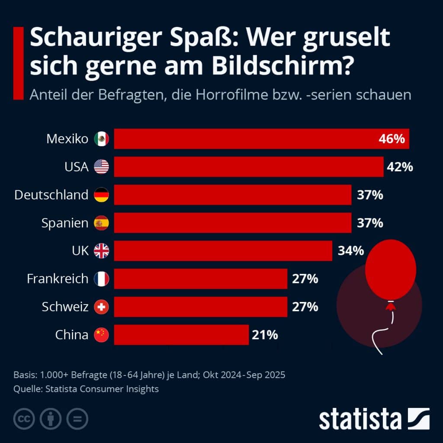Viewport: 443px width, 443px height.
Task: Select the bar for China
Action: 181,335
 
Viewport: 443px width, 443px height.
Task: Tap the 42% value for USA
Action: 400,167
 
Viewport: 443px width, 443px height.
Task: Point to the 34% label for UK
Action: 351,251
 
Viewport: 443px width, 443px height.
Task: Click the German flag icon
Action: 102,195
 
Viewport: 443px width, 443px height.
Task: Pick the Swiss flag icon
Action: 102,307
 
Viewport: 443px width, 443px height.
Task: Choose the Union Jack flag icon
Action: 102,251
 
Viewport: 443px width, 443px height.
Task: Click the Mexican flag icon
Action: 102,139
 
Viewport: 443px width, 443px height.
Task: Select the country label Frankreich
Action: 58,279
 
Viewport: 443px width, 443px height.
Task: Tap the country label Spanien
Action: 65,223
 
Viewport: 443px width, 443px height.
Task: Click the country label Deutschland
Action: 51,195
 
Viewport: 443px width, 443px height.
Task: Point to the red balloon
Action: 390,269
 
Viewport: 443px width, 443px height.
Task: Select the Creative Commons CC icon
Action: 25,418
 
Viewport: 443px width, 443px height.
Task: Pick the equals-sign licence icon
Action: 77,418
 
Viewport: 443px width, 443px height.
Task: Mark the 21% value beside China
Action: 263,335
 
